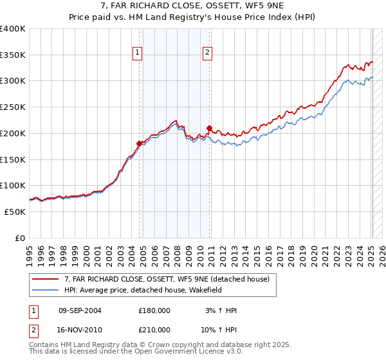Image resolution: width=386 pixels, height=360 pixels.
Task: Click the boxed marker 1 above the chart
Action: coord(138,53)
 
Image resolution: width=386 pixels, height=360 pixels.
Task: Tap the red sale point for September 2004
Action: coord(139,143)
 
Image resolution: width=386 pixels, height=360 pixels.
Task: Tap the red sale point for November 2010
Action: coord(210,128)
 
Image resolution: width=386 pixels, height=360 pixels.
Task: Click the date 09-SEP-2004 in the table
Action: coord(80,310)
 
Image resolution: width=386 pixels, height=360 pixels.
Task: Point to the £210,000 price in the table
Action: coord(154,329)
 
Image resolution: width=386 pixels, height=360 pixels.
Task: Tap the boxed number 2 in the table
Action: coord(33,329)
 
